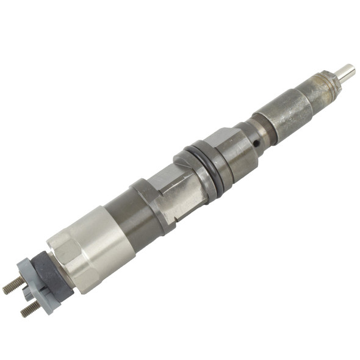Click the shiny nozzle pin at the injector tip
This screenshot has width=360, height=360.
tap(345, 72)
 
